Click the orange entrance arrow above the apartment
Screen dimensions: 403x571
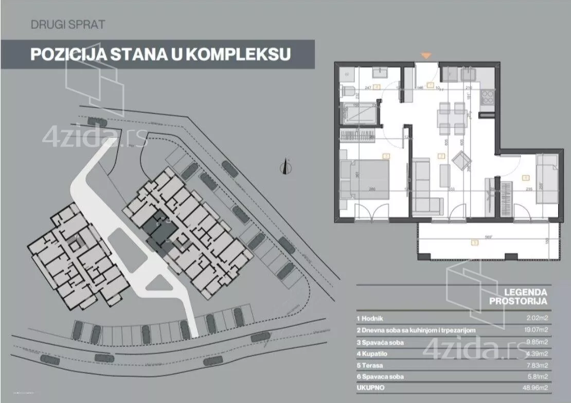pos(426,55)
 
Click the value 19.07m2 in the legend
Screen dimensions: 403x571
pos(534,331)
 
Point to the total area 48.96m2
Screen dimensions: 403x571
pos(534,388)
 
